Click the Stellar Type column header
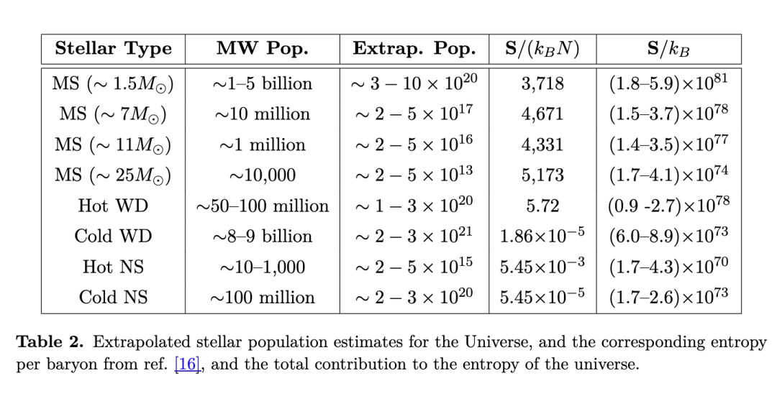tap(113, 49)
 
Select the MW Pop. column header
tap(262, 49)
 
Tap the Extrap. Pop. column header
tap(414, 49)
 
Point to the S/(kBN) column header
tap(542, 49)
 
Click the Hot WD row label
tap(113, 206)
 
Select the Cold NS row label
tap(113, 298)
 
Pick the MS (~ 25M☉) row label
tap(113, 175)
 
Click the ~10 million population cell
tap(262, 114)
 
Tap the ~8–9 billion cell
tap(262, 237)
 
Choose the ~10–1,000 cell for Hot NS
tap(262, 267)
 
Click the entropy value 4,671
tap(542, 114)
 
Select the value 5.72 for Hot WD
tap(542, 206)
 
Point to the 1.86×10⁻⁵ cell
tap(542, 237)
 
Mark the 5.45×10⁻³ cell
tap(542, 267)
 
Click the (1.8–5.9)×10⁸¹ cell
tap(668, 83)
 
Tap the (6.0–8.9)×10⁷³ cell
tap(668, 237)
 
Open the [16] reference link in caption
tap(186, 364)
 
